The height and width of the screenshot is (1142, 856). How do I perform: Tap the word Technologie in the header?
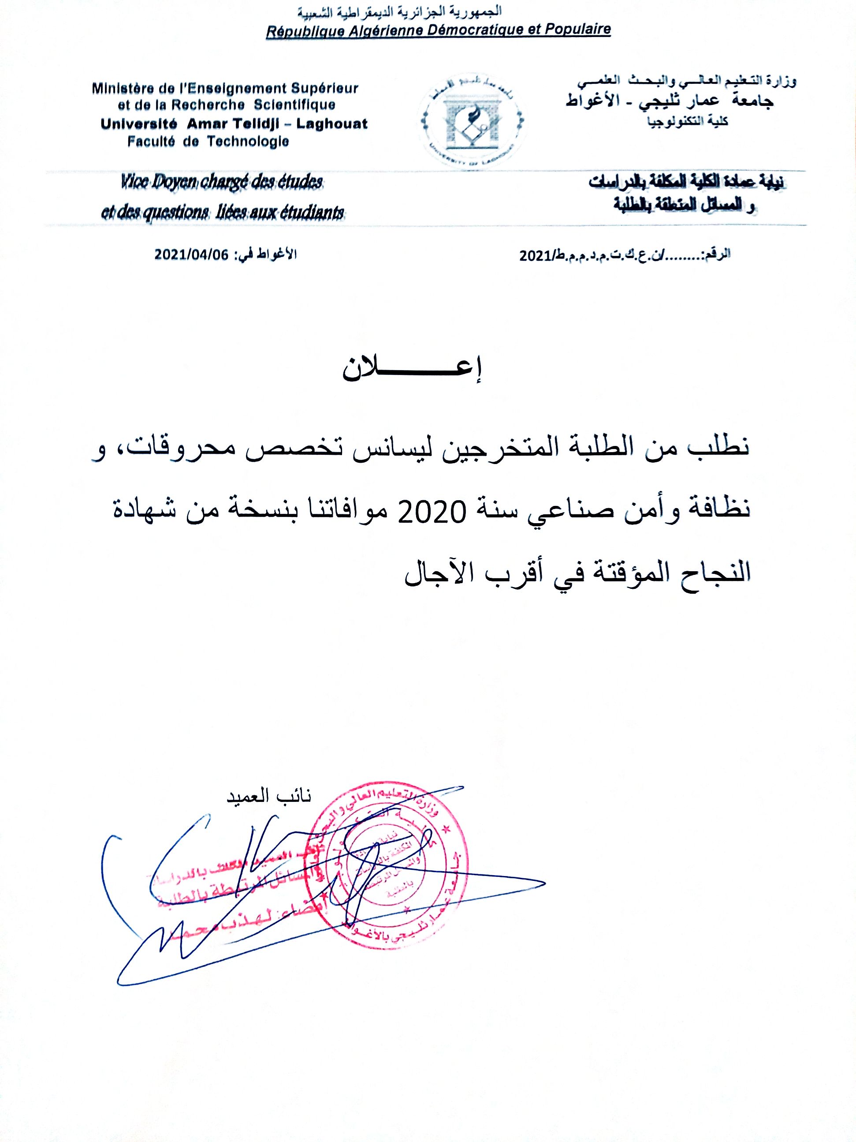point(248,142)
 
